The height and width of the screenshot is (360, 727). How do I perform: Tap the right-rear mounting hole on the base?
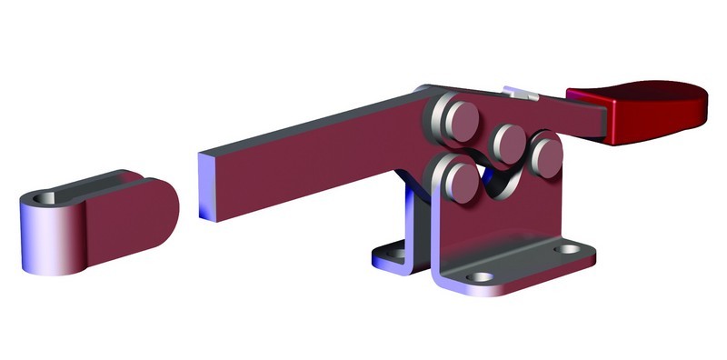click(567, 248)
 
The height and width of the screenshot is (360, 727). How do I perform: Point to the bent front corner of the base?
click(442, 276)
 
